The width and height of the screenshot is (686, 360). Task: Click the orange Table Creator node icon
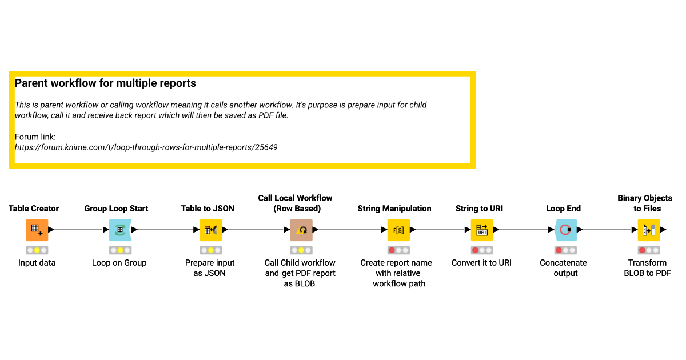click(37, 230)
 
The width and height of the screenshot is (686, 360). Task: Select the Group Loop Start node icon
click(120, 230)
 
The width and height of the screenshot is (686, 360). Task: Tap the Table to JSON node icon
click(210, 230)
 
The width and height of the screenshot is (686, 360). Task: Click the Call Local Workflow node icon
click(301, 230)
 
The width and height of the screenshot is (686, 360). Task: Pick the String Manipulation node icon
click(398, 230)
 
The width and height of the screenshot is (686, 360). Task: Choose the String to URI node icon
click(482, 230)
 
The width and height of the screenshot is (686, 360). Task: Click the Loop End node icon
click(565, 230)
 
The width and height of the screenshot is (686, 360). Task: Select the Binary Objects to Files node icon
click(649, 230)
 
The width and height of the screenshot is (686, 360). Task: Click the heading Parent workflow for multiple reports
click(105, 83)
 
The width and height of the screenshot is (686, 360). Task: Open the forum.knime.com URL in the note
click(146, 147)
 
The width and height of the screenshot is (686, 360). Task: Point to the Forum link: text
click(35, 137)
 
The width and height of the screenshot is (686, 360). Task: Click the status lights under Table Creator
click(37, 250)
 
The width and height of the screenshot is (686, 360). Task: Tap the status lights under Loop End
click(565, 250)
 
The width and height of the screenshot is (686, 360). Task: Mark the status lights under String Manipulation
click(398, 250)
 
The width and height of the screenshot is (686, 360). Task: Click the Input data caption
click(37, 263)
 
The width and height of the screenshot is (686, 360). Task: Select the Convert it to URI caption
click(481, 263)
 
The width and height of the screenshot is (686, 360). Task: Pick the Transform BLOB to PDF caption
click(647, 268)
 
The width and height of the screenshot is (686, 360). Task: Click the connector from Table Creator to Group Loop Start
click(78, 230)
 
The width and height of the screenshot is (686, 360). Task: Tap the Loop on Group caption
click(119, 263)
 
